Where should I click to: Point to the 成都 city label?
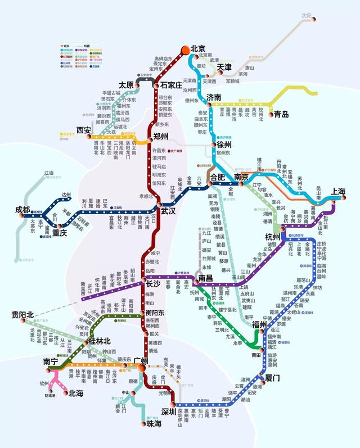(x=23, y=210)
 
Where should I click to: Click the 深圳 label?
(x=169, y=412)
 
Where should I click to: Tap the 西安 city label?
(x=84, y=130)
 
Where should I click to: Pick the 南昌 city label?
(x=204, y=278)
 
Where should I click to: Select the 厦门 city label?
(x=272, y=378)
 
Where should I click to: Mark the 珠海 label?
(x=154, y=423)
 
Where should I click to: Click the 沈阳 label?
(x=306, y=16)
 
